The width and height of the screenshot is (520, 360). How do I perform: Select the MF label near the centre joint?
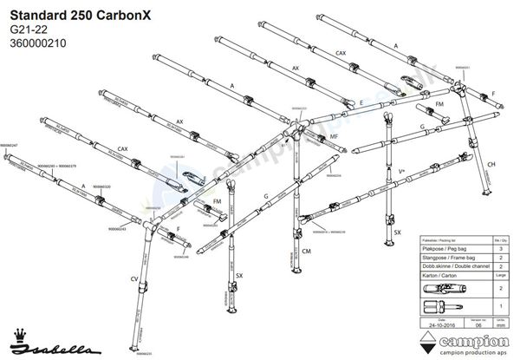[333, 137]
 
